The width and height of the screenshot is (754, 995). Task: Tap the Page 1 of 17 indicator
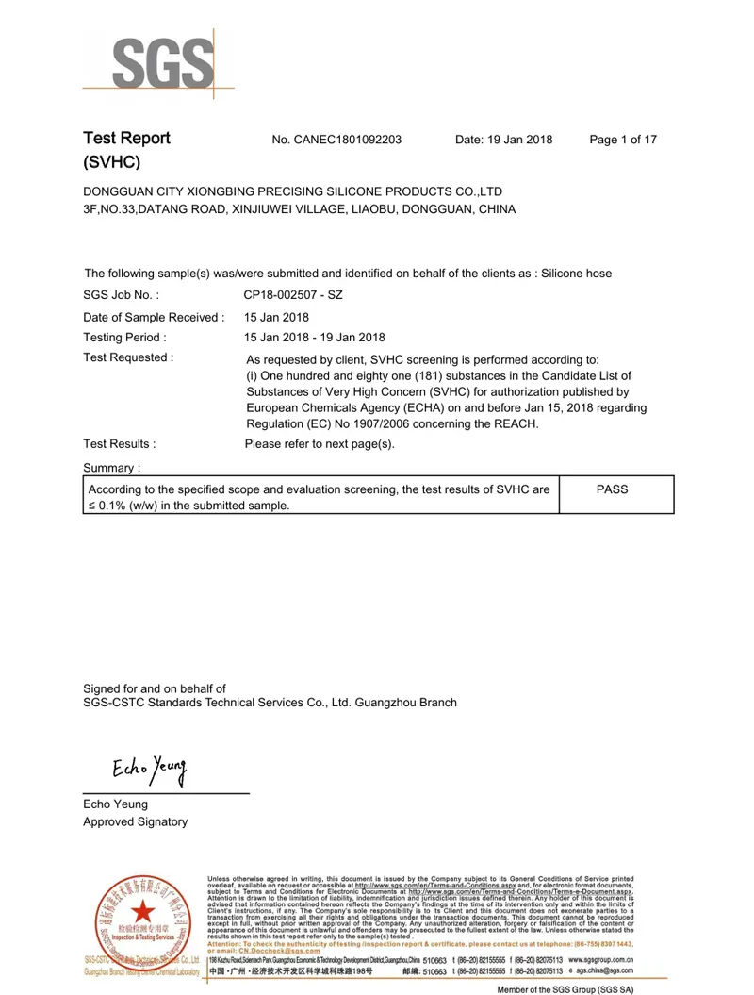point(623,140)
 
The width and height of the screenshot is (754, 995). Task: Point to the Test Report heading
point(126,139)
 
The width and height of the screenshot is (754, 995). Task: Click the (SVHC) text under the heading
point(111,163)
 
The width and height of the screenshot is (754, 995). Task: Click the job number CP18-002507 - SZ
point(293,295)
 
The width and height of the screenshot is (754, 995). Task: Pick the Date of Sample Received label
point(154,317)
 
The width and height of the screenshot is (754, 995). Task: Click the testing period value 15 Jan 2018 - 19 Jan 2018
point(314,337)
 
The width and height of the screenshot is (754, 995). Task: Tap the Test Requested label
point(128,358)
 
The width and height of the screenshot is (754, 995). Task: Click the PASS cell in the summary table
point(613,489)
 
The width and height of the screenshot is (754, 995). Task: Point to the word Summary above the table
point(111,468)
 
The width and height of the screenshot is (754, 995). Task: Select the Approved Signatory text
point(135,821)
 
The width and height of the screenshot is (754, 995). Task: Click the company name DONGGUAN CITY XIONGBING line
point(292,191)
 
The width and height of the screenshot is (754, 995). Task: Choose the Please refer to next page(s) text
point(320,443)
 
